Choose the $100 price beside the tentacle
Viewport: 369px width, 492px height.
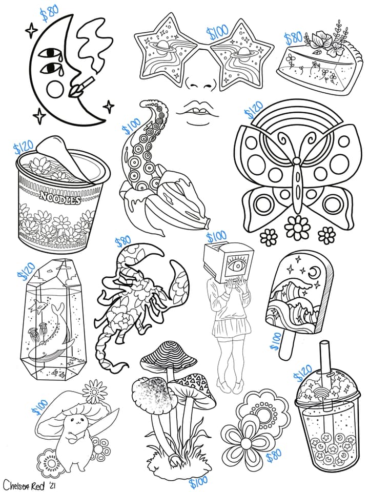pos(131,126)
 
